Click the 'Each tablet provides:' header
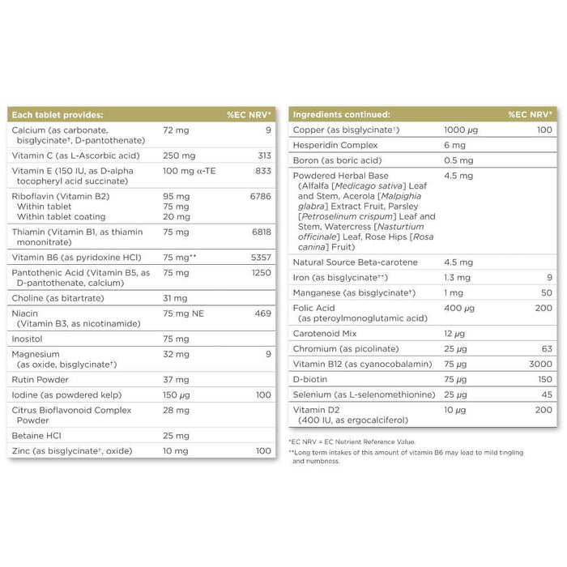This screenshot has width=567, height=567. point(58,115)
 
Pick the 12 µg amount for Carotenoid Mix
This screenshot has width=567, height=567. point(454,334)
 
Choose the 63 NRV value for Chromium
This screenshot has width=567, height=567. point(546,349)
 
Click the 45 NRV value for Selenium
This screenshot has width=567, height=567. point(546,394)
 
